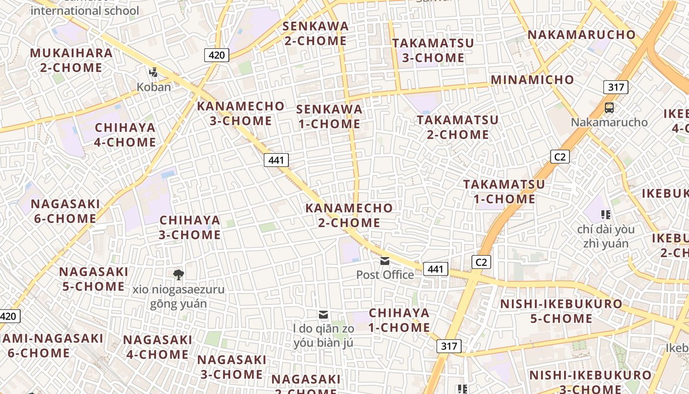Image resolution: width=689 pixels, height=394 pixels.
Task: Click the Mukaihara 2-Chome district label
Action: pyautogui.click(x=71, y=60)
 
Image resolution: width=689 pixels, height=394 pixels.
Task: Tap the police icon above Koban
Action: pyautogui.click(x=154, y=72)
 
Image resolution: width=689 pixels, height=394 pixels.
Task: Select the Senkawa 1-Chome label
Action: pyautogui.click(x=330, y=116)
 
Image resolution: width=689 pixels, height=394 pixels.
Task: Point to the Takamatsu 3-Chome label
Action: pyautogui.click(x=433, y=50)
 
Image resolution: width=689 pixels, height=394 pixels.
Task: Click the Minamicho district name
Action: pyautogui.click(x=532, y=80)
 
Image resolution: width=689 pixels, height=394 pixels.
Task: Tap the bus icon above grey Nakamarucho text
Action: pyautogui.click(x=609, y=107)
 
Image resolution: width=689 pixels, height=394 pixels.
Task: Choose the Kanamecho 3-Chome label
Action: pyautogui.click(x=241, y=113)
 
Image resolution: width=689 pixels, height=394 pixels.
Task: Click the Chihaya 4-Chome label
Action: pyautogui.click(x=125, y=135)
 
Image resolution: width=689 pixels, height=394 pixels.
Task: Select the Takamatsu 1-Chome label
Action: pyautogui.click(x=504, y=192)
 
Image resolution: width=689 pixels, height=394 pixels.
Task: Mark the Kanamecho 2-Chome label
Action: pyautogui.click(x=349, y=215)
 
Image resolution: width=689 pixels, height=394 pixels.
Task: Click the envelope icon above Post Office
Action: pyautogui.click(x=385, y=261)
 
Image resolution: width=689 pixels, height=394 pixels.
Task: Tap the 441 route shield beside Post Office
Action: pyautogui.click(x=436, y=269)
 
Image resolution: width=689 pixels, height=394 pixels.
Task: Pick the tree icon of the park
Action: pyautogui.click(x=178, y=274)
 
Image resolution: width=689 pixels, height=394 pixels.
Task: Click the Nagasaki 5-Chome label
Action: pyautogui.click(x=94, y=279)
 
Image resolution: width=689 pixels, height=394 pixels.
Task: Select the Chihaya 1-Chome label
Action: pyautogui.click(x=399, y=320)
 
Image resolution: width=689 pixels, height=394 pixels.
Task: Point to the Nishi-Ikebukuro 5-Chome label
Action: pyautogui.click(x=562, y=311)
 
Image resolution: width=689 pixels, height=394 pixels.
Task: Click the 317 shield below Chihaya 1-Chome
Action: pyautogui.click(x=449, y=346)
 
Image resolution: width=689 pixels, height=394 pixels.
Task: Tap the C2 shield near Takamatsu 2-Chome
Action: pyautogui.click(x=560, y=157)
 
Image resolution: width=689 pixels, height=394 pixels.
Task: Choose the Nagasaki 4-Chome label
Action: pyautogui.click(x=157, y=347)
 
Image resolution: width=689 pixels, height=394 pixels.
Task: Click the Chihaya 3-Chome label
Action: pyautogui.click(x=190, y=227)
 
